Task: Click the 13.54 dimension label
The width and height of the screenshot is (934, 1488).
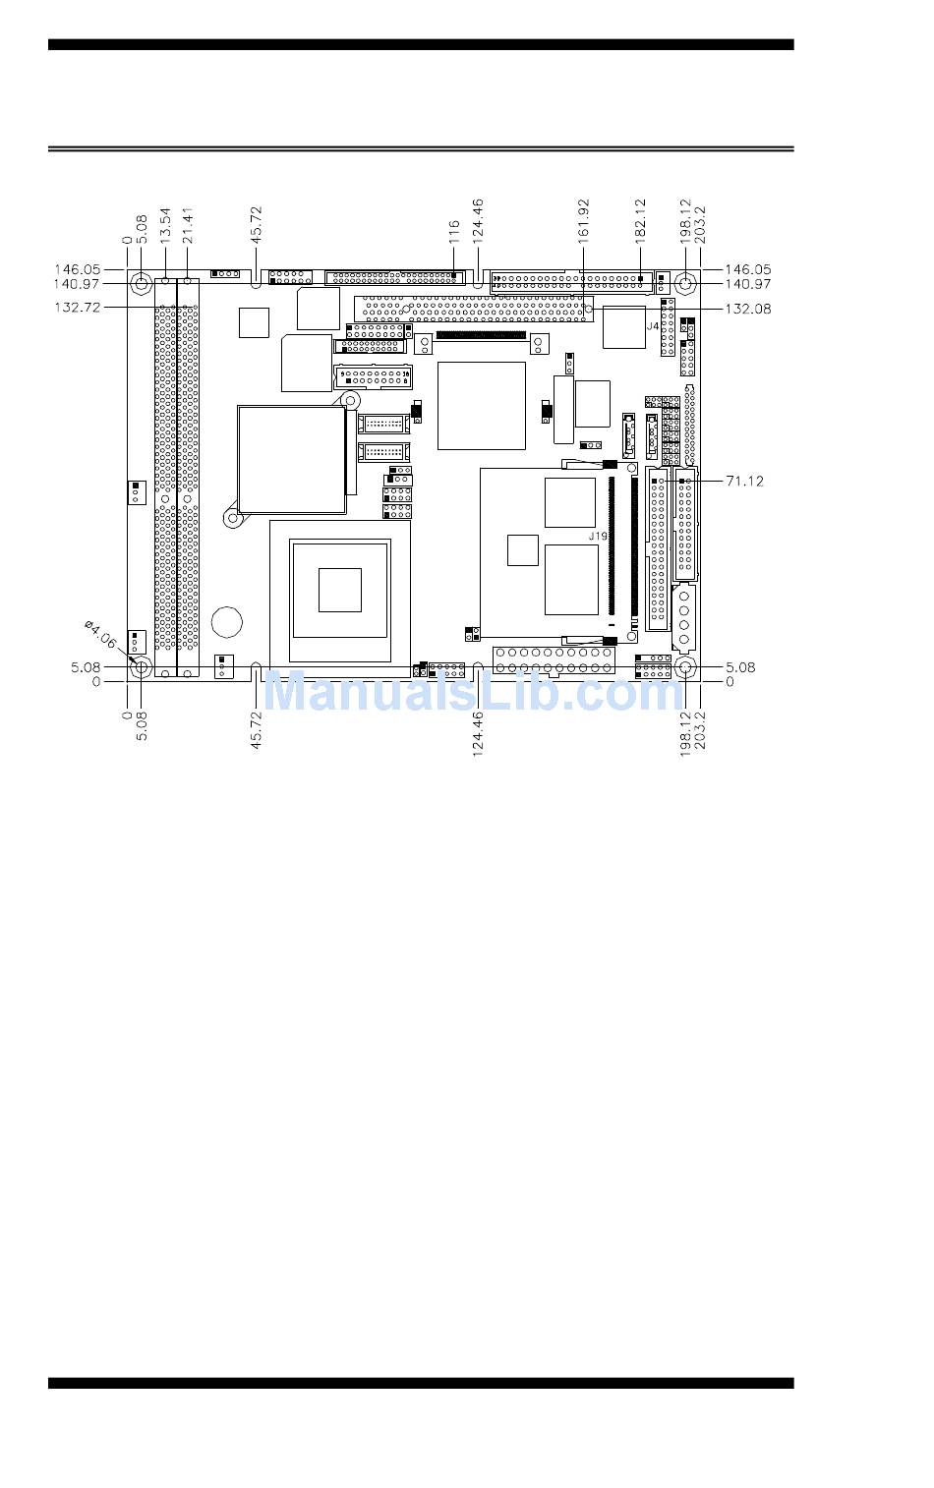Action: (x=165, y=224)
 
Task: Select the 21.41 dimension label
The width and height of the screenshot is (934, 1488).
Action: (x=188, y=225)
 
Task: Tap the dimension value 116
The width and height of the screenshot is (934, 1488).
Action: (x=454, y=233)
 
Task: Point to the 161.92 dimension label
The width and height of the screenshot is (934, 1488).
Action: (x=584, y=220)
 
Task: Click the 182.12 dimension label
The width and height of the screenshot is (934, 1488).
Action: (x=640, y=220)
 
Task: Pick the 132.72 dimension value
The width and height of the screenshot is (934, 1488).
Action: (x=78, y=308)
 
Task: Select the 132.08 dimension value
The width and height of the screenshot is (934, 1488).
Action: (x=748, y=309)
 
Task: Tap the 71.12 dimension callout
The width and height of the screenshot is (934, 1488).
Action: (x=744, y=481)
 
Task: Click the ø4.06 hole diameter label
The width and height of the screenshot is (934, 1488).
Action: (x=101, y=635)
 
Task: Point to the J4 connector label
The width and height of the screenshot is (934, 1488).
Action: (x=653, y=327)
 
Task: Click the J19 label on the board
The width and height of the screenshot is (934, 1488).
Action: (x=598, y=536)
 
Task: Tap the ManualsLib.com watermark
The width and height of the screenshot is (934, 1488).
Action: (x=474, y=692)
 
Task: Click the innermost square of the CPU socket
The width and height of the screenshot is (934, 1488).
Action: (x=340, y=590)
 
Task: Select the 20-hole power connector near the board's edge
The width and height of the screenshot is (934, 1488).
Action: (x=555, y=660)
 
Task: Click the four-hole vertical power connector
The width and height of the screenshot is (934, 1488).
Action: (x=684, y=618)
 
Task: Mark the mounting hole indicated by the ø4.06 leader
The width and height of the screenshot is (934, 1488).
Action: (x=141, y=667)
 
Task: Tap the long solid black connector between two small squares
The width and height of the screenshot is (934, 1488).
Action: (x=481, y=336)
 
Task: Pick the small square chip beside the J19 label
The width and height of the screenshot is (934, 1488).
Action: (x=523, y=550)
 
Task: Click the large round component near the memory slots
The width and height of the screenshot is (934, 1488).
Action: (x=227, y=622)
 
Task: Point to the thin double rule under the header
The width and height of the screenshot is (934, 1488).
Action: (x=421, y=148)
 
